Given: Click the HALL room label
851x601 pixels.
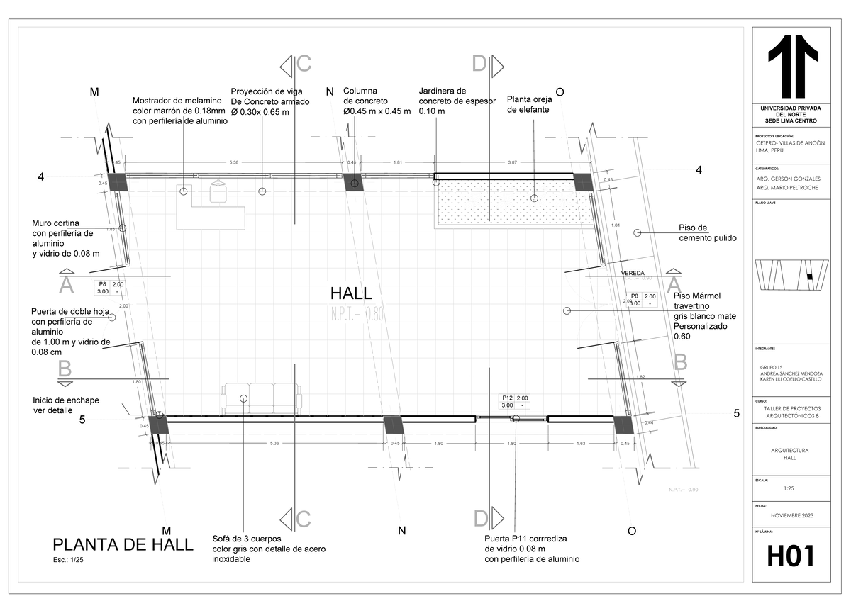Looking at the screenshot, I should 351,293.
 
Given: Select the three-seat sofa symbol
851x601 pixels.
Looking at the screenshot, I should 261,398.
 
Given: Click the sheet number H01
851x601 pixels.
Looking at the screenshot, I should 790,556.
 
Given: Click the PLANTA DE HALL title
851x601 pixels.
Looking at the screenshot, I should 123,544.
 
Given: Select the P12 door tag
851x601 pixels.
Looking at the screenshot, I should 513,402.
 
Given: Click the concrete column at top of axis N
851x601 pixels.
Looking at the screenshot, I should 352,182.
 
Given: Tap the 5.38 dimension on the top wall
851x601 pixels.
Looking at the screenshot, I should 234,162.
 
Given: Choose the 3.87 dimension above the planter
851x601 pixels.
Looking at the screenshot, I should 512,162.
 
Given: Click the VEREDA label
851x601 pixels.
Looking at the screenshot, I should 633,273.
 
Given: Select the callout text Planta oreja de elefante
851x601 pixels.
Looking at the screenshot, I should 529,104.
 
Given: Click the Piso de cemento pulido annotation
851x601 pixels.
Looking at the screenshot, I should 707,233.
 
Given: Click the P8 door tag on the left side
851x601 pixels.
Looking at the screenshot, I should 110,288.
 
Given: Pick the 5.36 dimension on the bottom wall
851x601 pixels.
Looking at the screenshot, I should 274,444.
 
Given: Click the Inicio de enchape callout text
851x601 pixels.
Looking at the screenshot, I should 66,405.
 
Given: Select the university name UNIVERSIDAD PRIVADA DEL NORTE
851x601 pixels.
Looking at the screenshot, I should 790,113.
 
